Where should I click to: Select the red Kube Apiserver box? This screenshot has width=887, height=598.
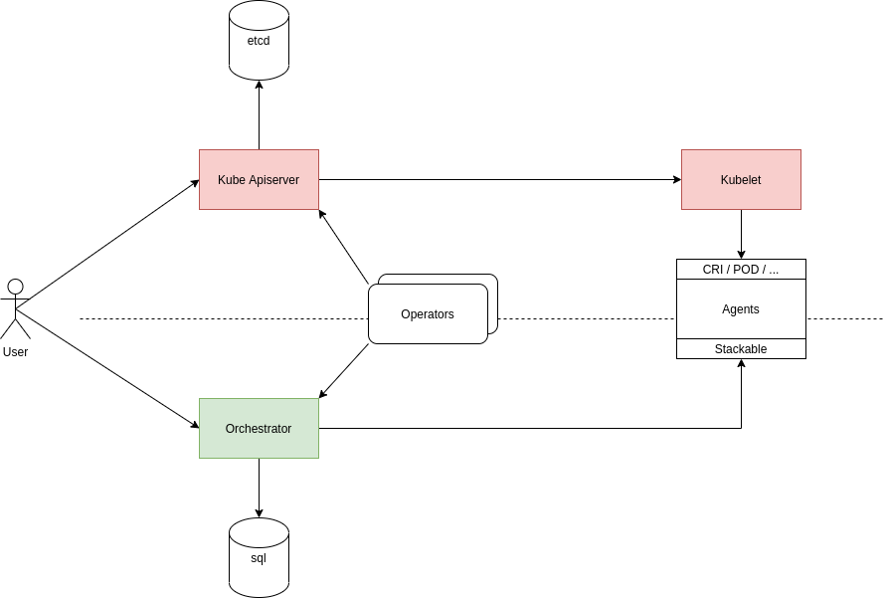(259, 179)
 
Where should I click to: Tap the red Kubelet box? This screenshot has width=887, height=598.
(741, 179)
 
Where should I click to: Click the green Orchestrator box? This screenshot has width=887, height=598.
(259, 428)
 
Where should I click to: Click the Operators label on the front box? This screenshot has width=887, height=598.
(428, 314)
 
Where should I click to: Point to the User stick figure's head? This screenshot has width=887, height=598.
(15, 287)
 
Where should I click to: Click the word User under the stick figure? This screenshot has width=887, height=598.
(15, 352)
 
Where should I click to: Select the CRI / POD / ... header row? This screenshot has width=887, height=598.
(741, 269)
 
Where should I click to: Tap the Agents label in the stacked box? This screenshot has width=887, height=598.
(741, 309)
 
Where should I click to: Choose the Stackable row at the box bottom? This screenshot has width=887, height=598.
(741, 349)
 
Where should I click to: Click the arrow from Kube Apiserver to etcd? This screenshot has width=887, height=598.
(259, 114)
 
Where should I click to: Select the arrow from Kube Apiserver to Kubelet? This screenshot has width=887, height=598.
(497, 179)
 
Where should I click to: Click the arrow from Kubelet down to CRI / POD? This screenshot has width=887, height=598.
(741, 234)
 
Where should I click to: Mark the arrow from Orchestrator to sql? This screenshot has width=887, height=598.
(259, 488)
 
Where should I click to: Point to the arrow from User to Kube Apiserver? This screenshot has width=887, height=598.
(107, 239)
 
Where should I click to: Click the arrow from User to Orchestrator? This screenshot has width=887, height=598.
(107, 368)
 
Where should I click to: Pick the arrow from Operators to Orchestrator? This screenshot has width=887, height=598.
(344, 371)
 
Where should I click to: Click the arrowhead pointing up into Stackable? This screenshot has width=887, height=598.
(741, 364)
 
